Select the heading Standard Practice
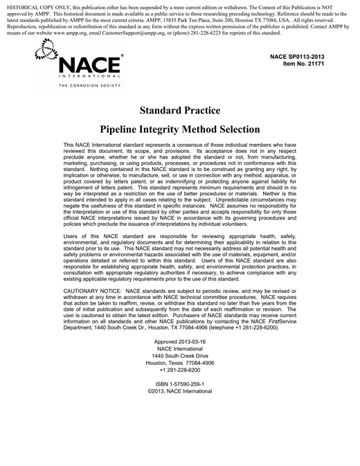tap(180, 110)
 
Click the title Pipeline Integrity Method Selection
tap(180, 129)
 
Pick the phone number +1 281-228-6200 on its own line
tap(180, 370)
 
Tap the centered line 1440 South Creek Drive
tap(180, 356)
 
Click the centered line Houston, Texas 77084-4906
tap(180, 363)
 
